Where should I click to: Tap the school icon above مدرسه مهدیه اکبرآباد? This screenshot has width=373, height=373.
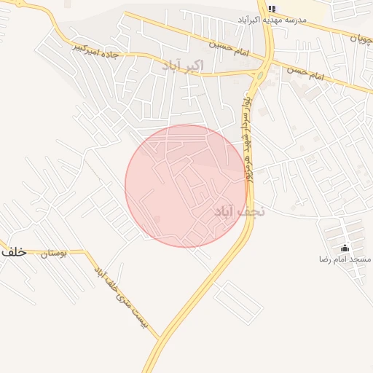coord(272,9)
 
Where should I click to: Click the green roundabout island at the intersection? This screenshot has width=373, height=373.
coord(260,73)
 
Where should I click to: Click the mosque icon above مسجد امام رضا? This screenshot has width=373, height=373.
coord(345,248)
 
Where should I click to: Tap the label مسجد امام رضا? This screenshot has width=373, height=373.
coord(345,259)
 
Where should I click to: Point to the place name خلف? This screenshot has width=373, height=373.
coord(13,251)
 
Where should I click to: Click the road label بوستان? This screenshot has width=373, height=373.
coord(52,254)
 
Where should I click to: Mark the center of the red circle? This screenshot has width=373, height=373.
coord(186,186)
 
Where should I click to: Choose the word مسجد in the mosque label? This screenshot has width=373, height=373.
coord(361,259)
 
